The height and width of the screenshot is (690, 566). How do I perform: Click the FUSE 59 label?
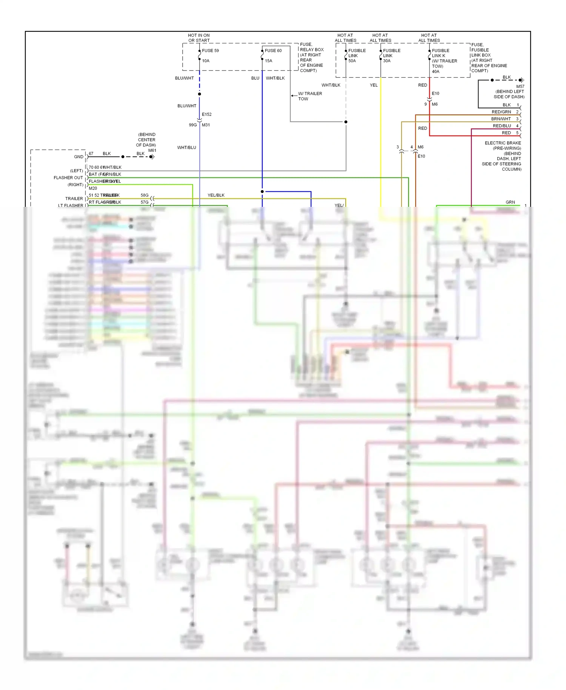pyautogui.click(x=210, y=51)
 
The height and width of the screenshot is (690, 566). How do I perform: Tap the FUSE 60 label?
pyautogui.click(x=273, y=51)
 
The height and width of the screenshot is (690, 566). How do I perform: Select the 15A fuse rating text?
pyautogui.click(x=268, y=61)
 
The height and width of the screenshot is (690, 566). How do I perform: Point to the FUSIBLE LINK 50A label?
pyautogui.click(x=357, y=55)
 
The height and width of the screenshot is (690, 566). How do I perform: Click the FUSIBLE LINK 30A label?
pyautogui.click(x=391, y=55)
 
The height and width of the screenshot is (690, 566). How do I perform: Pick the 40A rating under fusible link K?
pyautogui.click(x=435, y=71)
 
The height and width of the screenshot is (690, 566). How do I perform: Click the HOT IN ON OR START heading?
pyautogui.click(x=199, y=38)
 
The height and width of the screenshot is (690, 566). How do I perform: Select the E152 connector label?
pyautogui.click(x=206, y=114)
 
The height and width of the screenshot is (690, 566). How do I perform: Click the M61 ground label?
pyautogui.click(x=152, y=150)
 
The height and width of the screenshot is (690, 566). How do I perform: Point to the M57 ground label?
pyautogui.click(x=520, y=86)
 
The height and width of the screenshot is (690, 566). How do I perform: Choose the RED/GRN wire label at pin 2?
pyautogui.click(x=501, y=112)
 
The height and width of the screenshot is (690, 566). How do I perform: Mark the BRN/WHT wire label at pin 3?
pyautogui.click(x=501, y=119)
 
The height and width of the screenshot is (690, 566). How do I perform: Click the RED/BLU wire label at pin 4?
pyautogui.click(x=501, y=126)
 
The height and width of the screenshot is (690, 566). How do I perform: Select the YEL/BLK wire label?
pyautogui.click(x=216, y=195)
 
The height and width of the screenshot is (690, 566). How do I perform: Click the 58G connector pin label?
pyautogui.click(x=145, y=195)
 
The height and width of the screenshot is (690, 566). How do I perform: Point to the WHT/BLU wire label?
pyautogui.click(x=186, y=148)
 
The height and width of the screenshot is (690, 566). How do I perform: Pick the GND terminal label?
pyautogui.click(x=78, y=157)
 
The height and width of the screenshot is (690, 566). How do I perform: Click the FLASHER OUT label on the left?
pyautogui.click(x=68, y=178)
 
